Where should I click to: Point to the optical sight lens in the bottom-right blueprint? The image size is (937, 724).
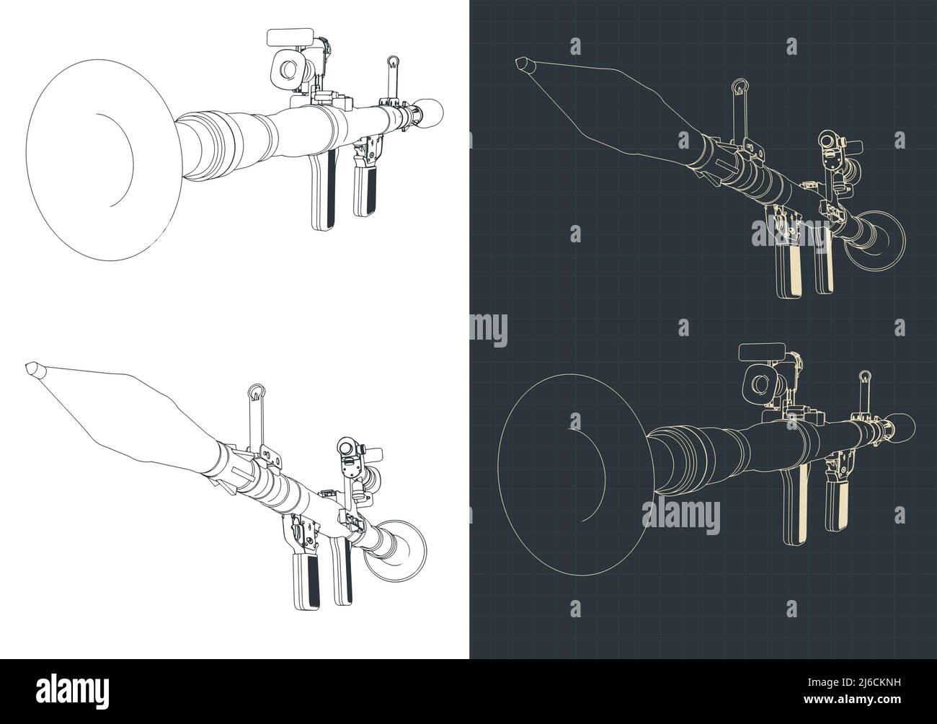pyautogui.click(x=760, y=384)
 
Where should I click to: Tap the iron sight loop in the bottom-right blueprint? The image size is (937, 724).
pyautogui.click(x=864, y=377)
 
